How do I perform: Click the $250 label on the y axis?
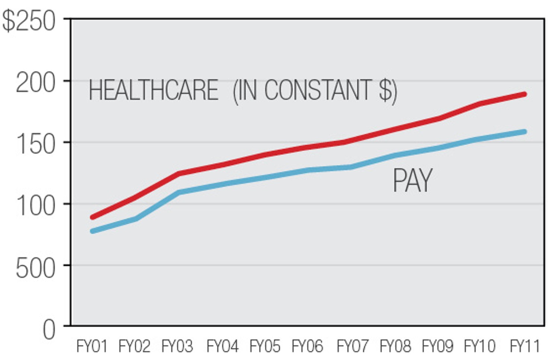coord(29,21)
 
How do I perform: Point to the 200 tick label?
coord(35,83)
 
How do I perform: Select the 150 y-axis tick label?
coord(35,144)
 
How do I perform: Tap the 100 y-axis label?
coord(35,206)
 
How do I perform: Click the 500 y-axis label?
coord(35,268)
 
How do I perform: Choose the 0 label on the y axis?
coord(49,330)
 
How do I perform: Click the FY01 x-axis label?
coord(92,346)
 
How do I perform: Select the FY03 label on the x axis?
coord(177,346)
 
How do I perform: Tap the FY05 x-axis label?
coord(265,346)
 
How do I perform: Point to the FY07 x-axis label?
coord(352,346)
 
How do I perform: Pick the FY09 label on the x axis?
coord(437,346)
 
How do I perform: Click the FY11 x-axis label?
coord(525,346)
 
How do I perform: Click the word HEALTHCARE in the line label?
coord(153,90)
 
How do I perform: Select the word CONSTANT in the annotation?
coord(318,90)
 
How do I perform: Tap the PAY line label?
coord(413,181)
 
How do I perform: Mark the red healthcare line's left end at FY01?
coord(92,217)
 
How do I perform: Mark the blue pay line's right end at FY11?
coord(524,132)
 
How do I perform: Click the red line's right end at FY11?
coord(524,95)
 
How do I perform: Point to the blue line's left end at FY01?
coord(92,231)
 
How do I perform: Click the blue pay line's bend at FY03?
coord(178,192)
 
